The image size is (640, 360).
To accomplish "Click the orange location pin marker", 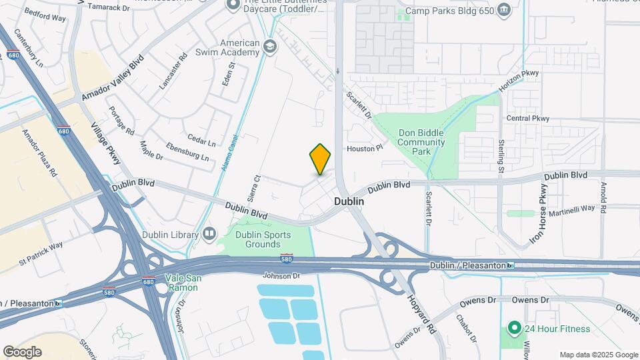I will click(321, 159).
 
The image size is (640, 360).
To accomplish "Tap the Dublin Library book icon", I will click(209, 234).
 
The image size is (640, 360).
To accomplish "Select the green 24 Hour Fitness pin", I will click(513, 328).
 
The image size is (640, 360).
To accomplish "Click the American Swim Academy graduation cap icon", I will click(269, 46).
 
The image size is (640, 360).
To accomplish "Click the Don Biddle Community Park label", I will click(421, 142).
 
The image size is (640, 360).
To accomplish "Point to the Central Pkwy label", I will click(527, 119).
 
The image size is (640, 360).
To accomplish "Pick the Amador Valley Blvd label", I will click(113, 79).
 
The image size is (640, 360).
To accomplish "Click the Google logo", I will click(22, 351).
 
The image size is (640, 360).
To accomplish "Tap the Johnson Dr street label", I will click(281, 275).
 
